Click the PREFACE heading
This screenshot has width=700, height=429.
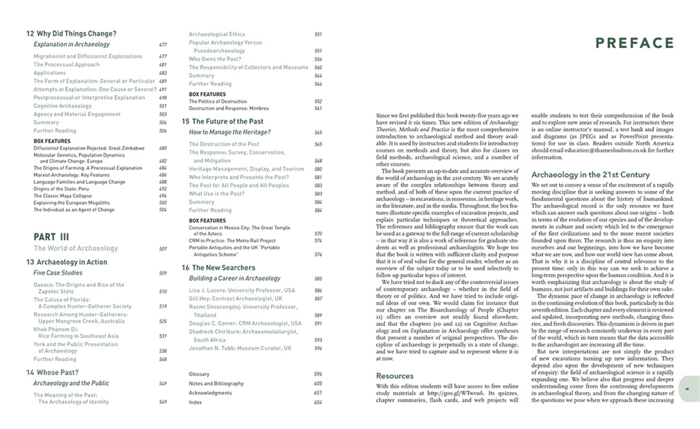634,43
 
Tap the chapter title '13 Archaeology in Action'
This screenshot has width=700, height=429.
67,262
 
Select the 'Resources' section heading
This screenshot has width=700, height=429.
395,376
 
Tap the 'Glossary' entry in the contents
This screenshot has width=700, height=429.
199,374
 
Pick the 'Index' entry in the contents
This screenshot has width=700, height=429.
196,402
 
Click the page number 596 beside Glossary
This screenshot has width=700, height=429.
318,374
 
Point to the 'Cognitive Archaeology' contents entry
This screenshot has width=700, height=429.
62,106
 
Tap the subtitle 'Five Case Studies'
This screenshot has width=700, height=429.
58,273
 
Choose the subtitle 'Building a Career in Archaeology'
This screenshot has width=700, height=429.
235,279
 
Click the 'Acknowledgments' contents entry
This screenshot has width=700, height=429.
210,393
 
